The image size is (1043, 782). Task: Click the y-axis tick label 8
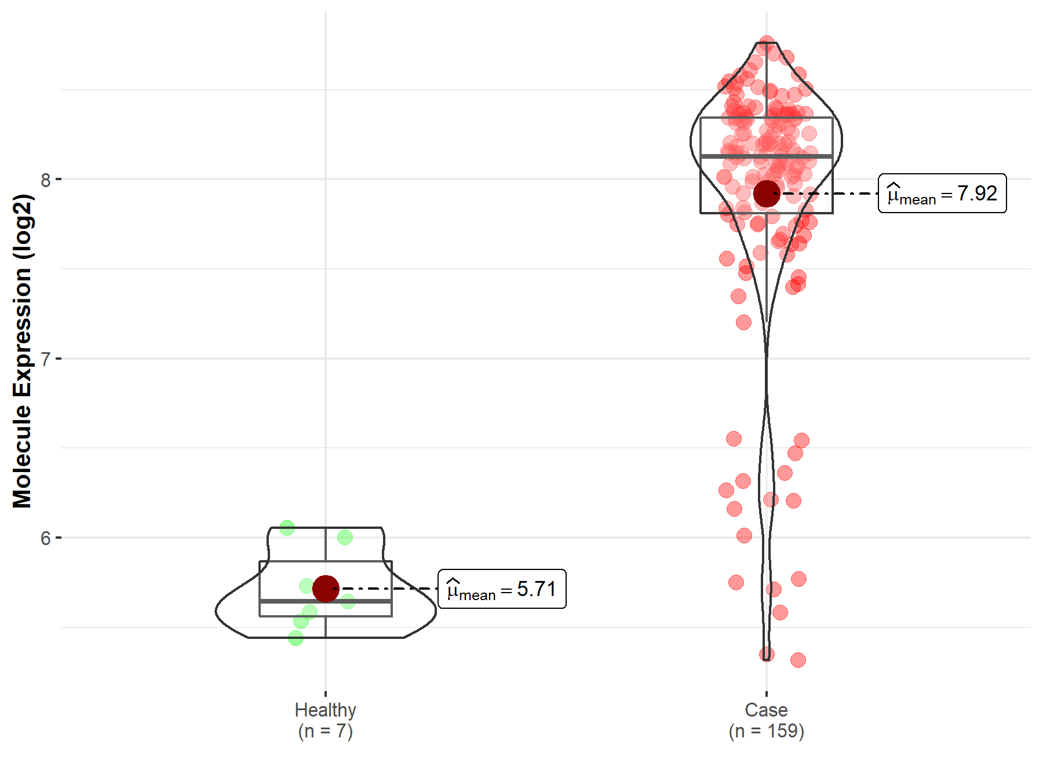click(x=46, y=180)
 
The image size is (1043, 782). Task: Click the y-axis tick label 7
click(x=46, y=359)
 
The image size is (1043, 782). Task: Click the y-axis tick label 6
click(x=46, y=538)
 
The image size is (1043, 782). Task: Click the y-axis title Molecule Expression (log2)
click(x=22, y=351)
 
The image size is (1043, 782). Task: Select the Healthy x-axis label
click(x=325, y=710)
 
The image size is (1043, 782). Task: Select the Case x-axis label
click(x=766, y=710)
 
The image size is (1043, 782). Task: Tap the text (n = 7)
click(x=325, y=731)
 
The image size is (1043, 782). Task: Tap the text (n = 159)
click(x=766, y=731)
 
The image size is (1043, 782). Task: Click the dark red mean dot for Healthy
click(x=326, y=589)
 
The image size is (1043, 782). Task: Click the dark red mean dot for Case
click(x=767, y=193)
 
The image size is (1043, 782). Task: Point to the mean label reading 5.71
click(x=502, y=589)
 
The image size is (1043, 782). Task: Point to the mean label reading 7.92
click(x=942, y=193)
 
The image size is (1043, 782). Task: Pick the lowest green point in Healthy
click(x=296, y=638)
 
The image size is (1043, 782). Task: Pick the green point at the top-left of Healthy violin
click(x=287, y=528)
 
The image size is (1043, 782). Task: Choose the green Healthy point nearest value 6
click(x=345, y=538)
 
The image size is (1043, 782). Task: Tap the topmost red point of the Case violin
click(x=767, y=43)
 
